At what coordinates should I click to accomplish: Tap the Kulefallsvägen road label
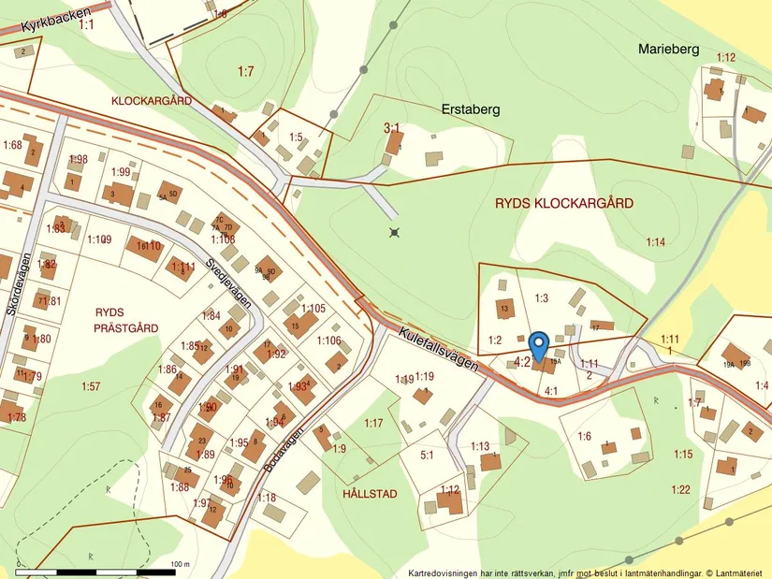click(438, 349)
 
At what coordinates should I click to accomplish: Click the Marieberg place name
click(668, 49)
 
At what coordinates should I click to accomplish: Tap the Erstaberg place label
click(470, 109)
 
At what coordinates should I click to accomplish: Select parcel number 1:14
click(655, 242)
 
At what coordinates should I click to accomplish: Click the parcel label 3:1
click(391, 127)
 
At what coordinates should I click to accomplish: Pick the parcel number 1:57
click(90, 386)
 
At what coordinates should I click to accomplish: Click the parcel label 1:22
click(680, 489)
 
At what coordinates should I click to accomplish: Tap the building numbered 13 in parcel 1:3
click(504, 308)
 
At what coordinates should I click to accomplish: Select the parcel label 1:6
click(584, 436)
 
